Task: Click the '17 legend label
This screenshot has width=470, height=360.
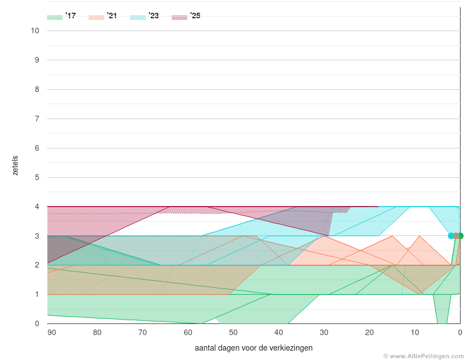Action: click(70, 16)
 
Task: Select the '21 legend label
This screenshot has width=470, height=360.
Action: click(112, 16)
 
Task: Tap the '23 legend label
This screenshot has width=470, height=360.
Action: click(154, 16)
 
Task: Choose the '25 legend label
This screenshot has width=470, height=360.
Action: click(195, 16)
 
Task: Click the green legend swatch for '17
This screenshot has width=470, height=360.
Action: click(55, 17)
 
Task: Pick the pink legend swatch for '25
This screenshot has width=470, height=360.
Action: click(180, 17)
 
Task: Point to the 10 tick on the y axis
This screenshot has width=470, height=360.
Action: click(35, 30)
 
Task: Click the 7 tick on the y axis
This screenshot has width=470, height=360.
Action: click(37, 119)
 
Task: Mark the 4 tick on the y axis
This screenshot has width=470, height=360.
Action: click(37, 207)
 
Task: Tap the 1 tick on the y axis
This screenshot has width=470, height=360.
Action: click(37, 294)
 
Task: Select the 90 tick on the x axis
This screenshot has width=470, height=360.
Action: click(52, 332)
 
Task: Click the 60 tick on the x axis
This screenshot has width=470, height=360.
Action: click(188, 332)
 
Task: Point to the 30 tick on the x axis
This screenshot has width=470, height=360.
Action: click(324, 332)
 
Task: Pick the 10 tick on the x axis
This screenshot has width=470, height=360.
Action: click(415, 332)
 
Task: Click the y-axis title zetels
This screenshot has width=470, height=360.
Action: click(16, 165)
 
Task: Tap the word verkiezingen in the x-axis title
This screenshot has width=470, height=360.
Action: click(293, 348)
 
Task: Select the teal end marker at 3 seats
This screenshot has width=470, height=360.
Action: click(451, 236)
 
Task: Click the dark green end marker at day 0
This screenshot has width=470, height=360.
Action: click(461, 236)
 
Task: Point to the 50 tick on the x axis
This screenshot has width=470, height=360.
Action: click(233, 332)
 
